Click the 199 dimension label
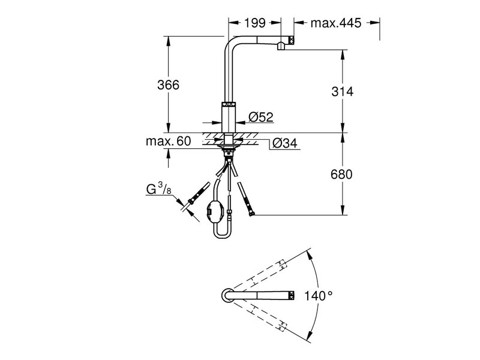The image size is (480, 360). (256, 23)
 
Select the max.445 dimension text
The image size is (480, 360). (336, 23)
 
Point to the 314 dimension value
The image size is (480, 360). (343, 92)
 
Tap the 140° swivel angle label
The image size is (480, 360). (318, 296)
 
